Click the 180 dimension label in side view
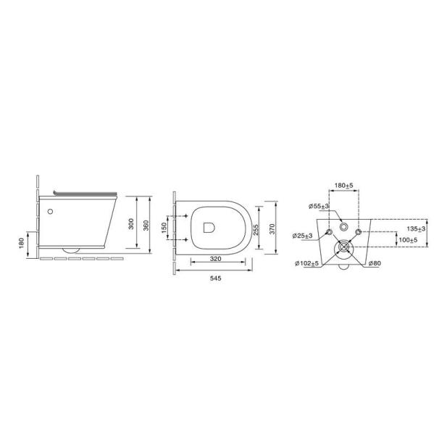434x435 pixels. [22, 244]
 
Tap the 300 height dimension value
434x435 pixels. [131, 224]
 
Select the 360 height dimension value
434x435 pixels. [146, 225]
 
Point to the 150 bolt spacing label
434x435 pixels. [164, 228]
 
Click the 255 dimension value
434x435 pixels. [256, 230]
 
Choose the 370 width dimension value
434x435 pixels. [272, 229]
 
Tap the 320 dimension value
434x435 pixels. [215, 259]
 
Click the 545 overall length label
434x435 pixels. [215, 278]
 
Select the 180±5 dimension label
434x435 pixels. [344, 186]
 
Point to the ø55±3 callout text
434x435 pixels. [319, 206]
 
